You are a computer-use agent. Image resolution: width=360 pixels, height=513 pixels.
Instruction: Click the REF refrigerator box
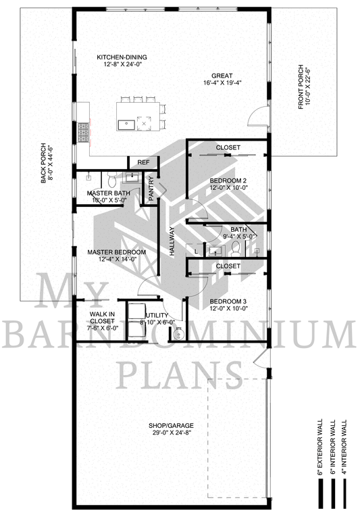coord(143,163)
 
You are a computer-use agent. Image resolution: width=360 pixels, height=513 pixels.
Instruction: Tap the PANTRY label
coord(151,189)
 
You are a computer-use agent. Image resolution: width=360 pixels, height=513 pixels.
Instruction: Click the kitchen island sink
coord(126,124)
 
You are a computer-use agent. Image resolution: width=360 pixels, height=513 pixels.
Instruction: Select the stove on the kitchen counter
coord(83,132)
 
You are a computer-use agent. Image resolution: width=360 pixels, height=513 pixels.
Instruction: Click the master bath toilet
coord(112,180)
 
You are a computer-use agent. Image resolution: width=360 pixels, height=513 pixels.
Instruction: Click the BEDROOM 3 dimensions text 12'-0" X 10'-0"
coord(229,308)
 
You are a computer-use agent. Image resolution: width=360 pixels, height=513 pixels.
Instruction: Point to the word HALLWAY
coord(172,241)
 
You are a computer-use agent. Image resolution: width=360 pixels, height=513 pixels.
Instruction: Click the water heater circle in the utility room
coord(178,335)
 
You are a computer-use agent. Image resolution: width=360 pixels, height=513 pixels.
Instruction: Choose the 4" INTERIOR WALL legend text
coord(343,447)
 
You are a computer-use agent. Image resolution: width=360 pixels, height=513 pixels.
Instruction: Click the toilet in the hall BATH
coord(236,249)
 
